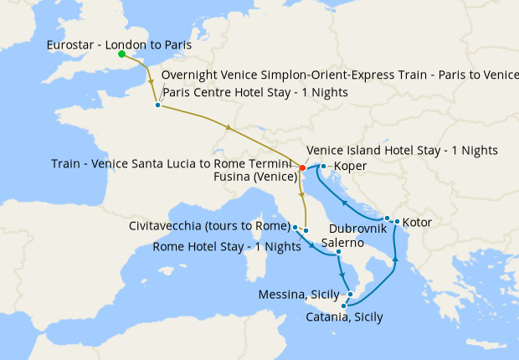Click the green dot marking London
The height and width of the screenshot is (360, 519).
122,54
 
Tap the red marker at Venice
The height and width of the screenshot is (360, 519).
301,167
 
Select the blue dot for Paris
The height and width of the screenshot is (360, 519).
157,105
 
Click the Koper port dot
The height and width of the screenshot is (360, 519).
323,166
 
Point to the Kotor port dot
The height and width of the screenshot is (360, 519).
396,222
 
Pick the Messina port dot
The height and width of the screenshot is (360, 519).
350,294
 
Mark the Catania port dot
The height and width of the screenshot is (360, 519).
344,306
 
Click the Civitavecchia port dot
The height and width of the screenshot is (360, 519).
295,227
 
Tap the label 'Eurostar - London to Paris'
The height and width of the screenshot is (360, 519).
120,44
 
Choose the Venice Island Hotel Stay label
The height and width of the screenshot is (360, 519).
403,150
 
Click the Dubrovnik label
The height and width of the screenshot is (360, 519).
357,228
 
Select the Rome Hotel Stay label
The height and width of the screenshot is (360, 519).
227,246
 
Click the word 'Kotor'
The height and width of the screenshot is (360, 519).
418,223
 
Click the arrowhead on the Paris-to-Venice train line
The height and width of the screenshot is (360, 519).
229,127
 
